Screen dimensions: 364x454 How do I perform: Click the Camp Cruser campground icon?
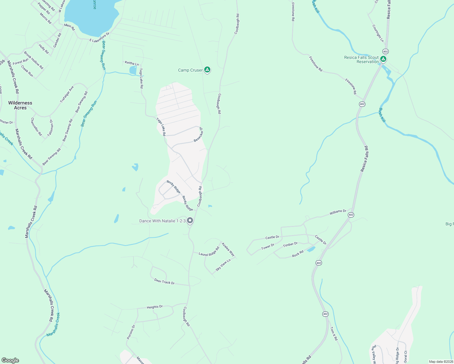coord(207,70)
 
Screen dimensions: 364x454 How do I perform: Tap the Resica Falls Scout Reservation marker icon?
coord(383,59)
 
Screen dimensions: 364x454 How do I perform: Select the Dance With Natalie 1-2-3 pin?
coord(190,221)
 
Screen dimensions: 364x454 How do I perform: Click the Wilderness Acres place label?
coord(20,105)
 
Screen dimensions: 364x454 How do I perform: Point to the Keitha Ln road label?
coord(132,63)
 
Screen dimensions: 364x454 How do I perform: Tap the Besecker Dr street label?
coord(199,135)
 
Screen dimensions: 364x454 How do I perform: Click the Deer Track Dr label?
coord(164,282)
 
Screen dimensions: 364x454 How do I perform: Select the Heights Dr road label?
coord(155,307)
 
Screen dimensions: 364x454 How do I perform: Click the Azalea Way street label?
coord(228,249)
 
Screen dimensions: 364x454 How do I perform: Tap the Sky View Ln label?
coord(223,265)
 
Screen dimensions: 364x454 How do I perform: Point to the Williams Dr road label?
coord(338,212)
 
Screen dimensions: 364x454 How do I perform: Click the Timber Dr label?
coord(290,244)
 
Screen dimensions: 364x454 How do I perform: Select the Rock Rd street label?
coord(298,254)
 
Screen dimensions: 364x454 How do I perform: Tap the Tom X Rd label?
coord(334,334)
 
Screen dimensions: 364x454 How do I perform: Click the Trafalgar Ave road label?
coord(67,94)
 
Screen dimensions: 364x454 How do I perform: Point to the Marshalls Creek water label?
coord(53,325)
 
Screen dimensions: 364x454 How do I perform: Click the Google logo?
coord(10,360)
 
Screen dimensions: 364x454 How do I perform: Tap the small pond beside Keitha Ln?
coord(133,70)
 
